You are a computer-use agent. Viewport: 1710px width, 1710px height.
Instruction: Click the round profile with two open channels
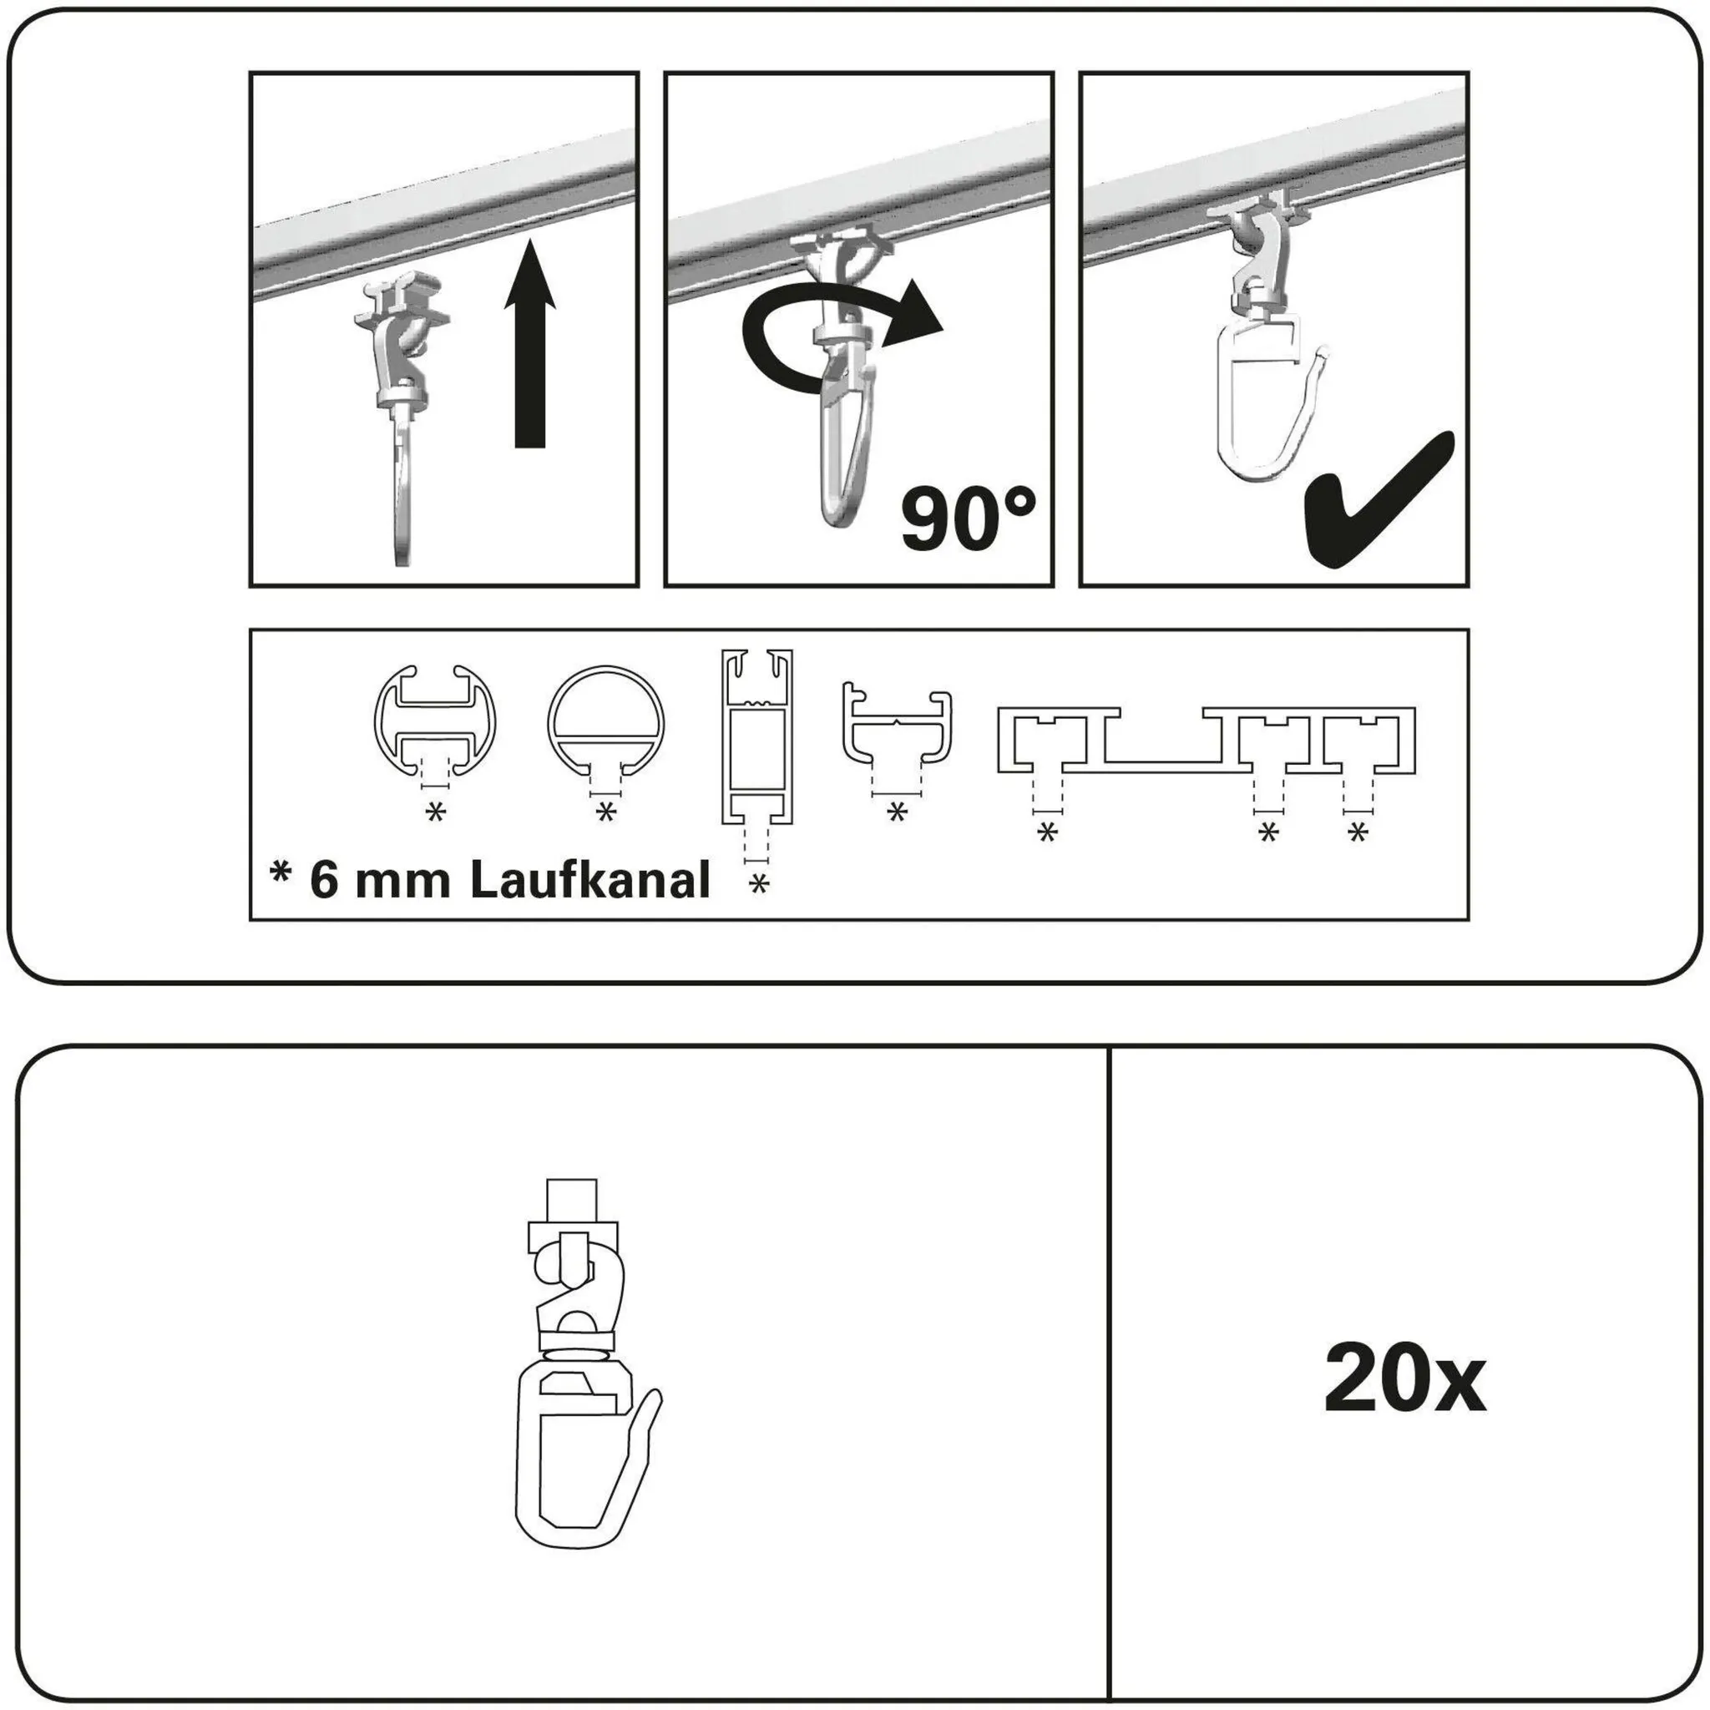[x=434, y=721]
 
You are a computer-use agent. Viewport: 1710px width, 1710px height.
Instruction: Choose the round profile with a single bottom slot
[x=605, y=721]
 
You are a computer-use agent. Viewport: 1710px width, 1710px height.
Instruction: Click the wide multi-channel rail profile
[x=1207, y=741]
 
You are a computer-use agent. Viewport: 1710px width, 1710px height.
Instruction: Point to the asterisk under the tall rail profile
[x=758, y=883]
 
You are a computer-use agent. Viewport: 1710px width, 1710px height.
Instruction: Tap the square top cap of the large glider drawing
[x=572, y=1200]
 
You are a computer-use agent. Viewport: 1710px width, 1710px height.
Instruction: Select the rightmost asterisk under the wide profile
[x=1358, y=832]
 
